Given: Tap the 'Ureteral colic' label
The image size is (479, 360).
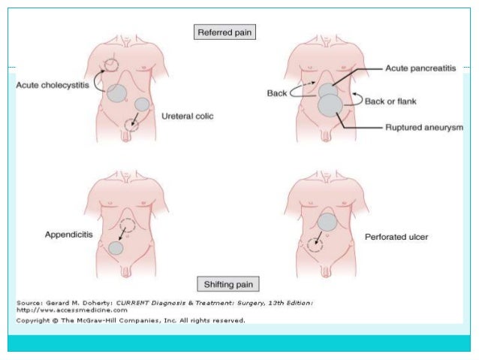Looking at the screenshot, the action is point(187,116).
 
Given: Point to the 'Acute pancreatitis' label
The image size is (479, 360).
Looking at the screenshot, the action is point(421,68).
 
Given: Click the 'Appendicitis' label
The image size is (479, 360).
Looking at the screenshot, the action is point(68,235).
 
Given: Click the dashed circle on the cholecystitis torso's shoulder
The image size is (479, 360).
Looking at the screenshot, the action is point(111,65).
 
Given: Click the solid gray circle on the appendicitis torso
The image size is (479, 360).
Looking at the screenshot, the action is point(115,248).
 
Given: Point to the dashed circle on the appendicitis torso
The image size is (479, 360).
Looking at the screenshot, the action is point(127,225).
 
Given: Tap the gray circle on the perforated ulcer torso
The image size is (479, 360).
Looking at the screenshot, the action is point(327,222).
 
